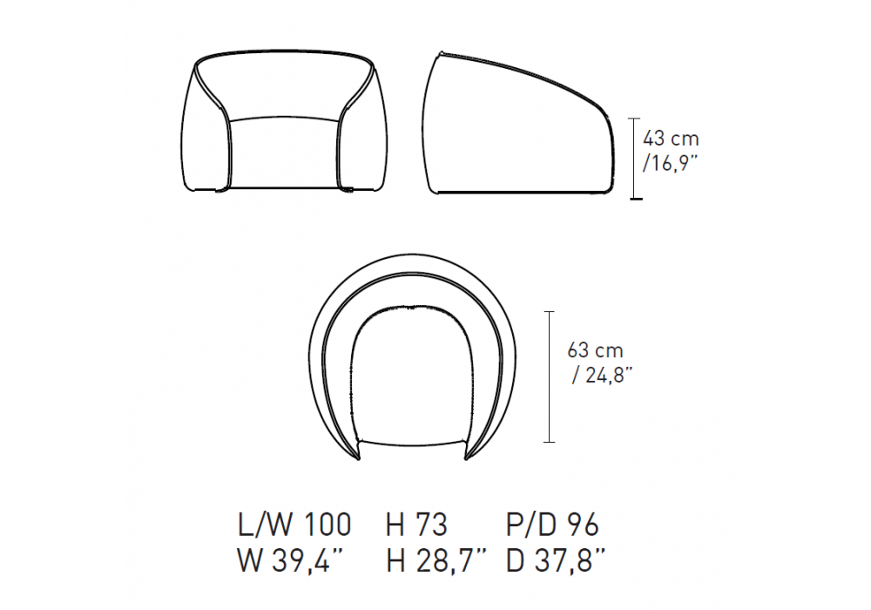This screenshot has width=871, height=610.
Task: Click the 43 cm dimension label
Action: pyautogui.click(x=671, y=139)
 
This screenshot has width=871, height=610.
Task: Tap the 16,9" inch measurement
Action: pyautogui.click(x=670, y=163)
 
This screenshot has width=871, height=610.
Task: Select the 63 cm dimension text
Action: pyautogui.click(x=595, y=350)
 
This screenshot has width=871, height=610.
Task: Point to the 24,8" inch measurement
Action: pyautogui.click(x=603, y=375)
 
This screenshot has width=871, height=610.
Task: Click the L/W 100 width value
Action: pyautogui.click(x=295, y=525)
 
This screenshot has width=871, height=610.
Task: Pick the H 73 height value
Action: pyautogui.click(x=416, y=525)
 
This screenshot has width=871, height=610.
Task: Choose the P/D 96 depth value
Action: pyautogui.click(x=552, y=525)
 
